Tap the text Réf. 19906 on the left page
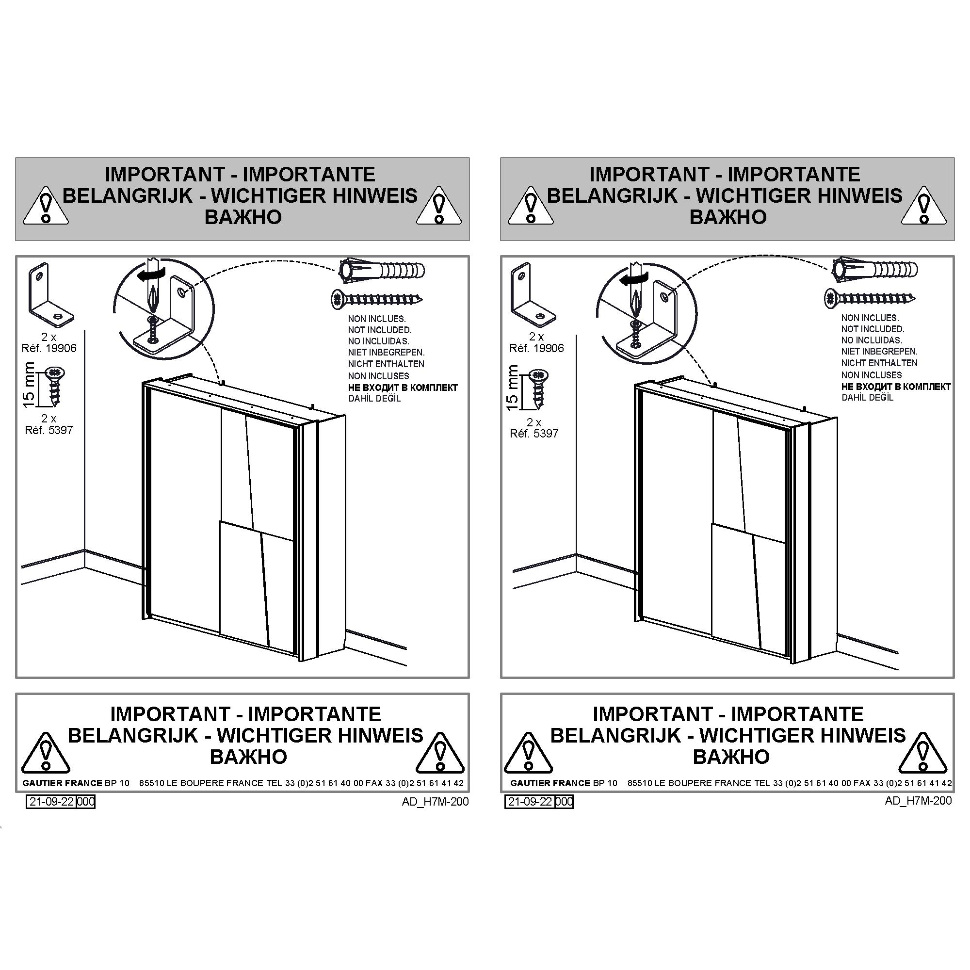pos(49,348)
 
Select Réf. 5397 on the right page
pos(533,433)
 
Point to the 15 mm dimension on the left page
pos(29,385)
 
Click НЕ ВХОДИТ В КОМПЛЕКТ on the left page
pos(403,388)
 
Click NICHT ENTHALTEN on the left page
pos(386,364)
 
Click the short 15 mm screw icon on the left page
pos(56,386)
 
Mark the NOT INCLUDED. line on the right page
pos(873,329)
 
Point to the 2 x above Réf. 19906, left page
pos(48,337)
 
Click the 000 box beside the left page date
pos(86,802)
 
